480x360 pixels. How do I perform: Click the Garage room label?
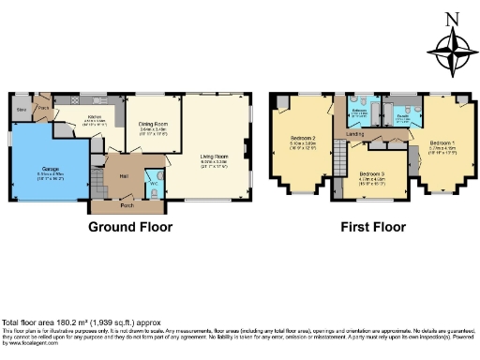(51, 169)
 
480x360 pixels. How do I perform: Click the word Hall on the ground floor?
(123, 175)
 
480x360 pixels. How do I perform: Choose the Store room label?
(21, 110)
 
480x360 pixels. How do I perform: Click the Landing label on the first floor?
(355, 134)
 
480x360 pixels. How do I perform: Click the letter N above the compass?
(452, 18)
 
